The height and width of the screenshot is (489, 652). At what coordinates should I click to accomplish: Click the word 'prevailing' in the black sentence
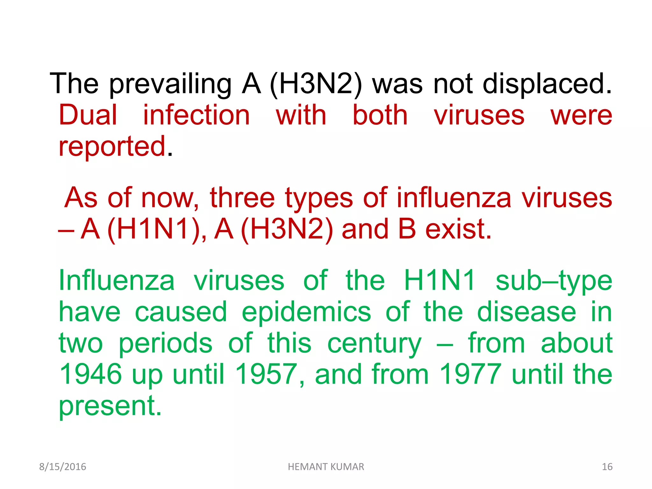170,84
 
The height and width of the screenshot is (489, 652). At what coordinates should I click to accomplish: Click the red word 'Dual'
88,115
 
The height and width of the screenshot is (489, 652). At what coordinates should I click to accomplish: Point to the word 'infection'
196,115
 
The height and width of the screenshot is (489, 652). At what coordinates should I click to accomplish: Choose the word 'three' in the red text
242,198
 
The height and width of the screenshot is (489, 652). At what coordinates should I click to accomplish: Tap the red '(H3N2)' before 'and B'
287,229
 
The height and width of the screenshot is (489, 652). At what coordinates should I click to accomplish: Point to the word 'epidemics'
306,312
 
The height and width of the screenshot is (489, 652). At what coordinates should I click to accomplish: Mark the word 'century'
374,343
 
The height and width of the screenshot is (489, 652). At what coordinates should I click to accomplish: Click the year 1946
91,374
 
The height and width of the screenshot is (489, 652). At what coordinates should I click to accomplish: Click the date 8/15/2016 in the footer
63,467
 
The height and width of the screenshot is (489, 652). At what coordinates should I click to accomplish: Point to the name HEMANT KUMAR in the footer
326,467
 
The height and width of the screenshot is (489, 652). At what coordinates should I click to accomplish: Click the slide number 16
607,467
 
